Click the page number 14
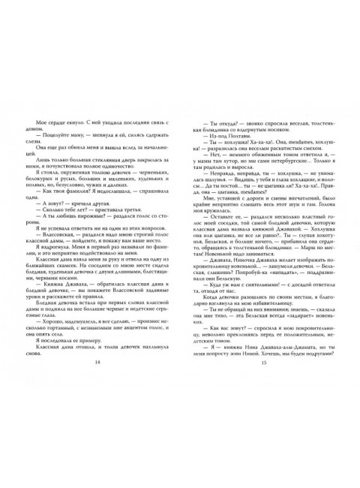(x=98, y=426)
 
